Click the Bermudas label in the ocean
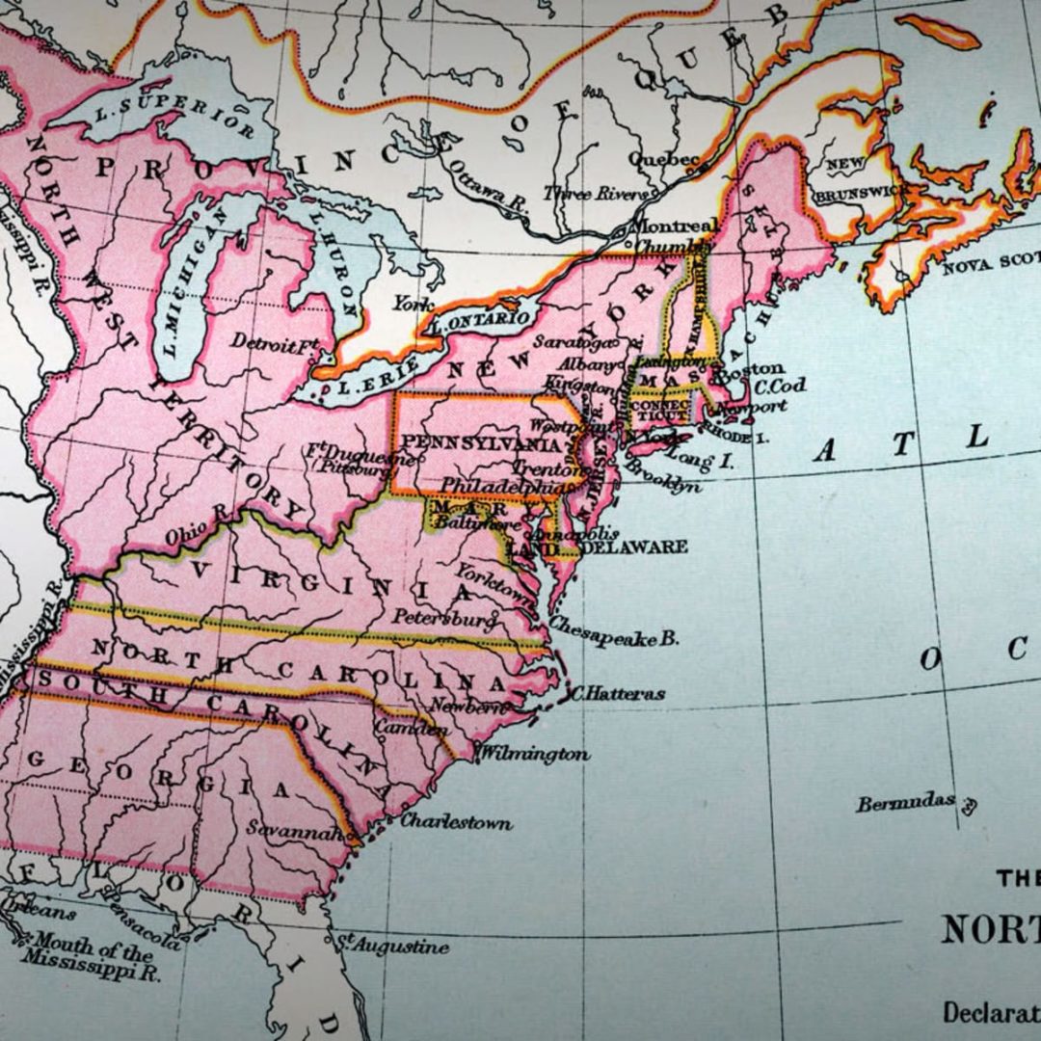tap(905, 802)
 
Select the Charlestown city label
tap(456, 822)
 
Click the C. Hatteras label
tap(618, 693)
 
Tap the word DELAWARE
tap(635, 547)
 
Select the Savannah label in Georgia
tap(289, 828)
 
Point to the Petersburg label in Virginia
tap(444, 618)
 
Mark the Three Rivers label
tap(595, 194)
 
